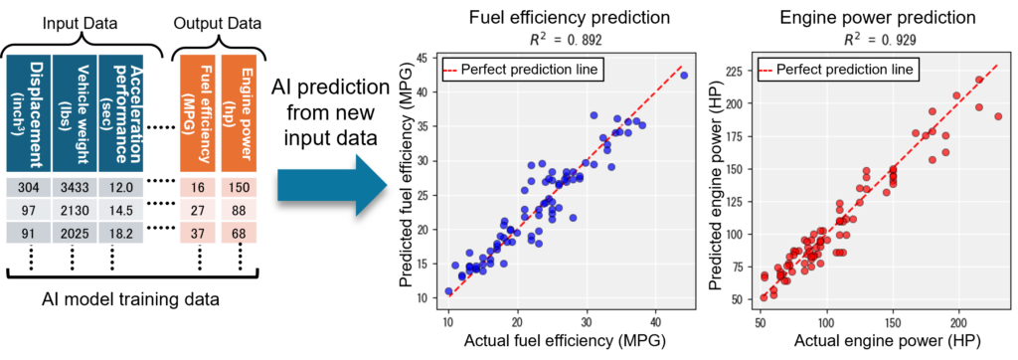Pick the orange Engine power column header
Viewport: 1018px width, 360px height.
pyautogui.click(x=239, y=111)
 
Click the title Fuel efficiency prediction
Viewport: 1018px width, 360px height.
pyautogui.click(x=557, y=18)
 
